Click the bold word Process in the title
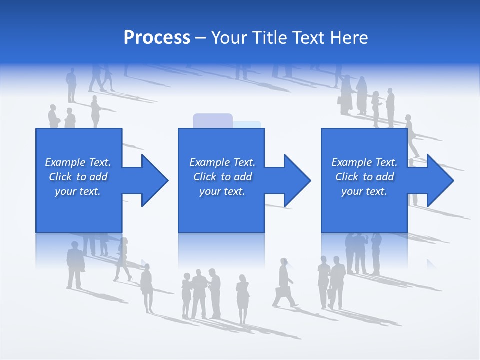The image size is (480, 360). point(157,38)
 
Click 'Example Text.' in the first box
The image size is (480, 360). point(78,162)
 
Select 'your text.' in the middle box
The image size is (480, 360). point(222,191)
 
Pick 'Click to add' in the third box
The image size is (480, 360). point(364,177)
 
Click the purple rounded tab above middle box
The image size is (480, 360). point(213,120)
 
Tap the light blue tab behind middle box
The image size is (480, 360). point(248,124)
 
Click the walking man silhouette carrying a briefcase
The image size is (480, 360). point(283,283)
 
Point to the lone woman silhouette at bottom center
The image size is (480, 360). point(242,297)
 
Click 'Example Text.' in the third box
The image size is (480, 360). point(364,162)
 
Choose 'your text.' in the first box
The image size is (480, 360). point(78,191)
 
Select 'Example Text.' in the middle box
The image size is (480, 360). point(222,162)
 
